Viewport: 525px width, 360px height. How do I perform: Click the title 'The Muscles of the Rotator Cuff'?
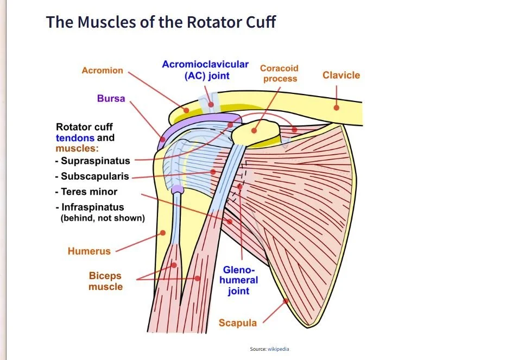click(x=161, y=22)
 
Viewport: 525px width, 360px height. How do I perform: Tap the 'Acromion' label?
click(x=102, y=71)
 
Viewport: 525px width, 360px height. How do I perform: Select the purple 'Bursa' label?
click(x=111, y=98)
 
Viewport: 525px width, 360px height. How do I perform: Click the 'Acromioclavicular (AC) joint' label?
click(x=205, y=70)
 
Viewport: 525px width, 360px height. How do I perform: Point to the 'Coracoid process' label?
click(x=280, y=73)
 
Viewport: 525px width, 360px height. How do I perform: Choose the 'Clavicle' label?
click(x=341, y=75)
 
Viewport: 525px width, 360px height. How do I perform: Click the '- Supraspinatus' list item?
click(x=92, y=161)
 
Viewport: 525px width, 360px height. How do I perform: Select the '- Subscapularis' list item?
click(x=92, y=176)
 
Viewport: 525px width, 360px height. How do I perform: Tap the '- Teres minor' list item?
click(x=86, y=192)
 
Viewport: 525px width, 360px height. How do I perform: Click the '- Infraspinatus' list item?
click(x=89, y=207)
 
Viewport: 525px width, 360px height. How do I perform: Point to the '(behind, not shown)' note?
click(x=102, y=218)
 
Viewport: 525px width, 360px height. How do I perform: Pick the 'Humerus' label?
click(x=89, y=251)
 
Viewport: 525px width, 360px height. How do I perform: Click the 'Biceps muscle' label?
click(x=105, y=281)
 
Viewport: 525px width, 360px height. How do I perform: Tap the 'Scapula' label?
click(x=237, y=323)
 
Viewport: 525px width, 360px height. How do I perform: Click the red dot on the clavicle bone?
click(x=336, y=108)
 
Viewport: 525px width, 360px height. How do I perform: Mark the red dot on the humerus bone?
click(x=162, y=233)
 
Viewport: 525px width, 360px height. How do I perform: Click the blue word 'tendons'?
click(x=75, y=138)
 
